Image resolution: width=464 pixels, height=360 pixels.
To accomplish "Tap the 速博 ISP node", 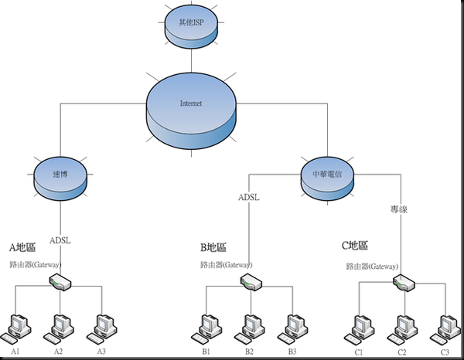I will pyautogui.click(x=61, y=175).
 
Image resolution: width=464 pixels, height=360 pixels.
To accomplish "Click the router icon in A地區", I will pyautogui.click(x=60, y=281).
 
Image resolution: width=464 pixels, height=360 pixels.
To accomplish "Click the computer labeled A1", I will pyautogui.click(x=17, y=328).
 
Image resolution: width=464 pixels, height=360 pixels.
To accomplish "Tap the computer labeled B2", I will pyautogui.click(x=248, y=328).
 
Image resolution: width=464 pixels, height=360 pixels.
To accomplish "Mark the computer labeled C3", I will pyautogui.click(x=445, y=328).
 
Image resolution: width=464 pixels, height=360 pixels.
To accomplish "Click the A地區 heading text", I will pyautogui.click(x=22, y=248).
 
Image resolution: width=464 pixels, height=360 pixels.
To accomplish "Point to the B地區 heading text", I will pyautogui.click(x=213, y=248).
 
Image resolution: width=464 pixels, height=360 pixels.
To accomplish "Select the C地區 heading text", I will pyautogui.click(x=355, y=246).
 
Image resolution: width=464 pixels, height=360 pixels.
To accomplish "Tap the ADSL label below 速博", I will pyautogui.click(x=60, y=239).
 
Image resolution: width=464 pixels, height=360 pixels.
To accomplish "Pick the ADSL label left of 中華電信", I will pyautogui.click(x=248, y=196).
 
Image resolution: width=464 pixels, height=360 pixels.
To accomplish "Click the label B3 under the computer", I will pyautogui.click(x=292, y=352).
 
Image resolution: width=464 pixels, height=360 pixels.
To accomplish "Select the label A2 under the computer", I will pyautogui.click(x=58, y=352).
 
